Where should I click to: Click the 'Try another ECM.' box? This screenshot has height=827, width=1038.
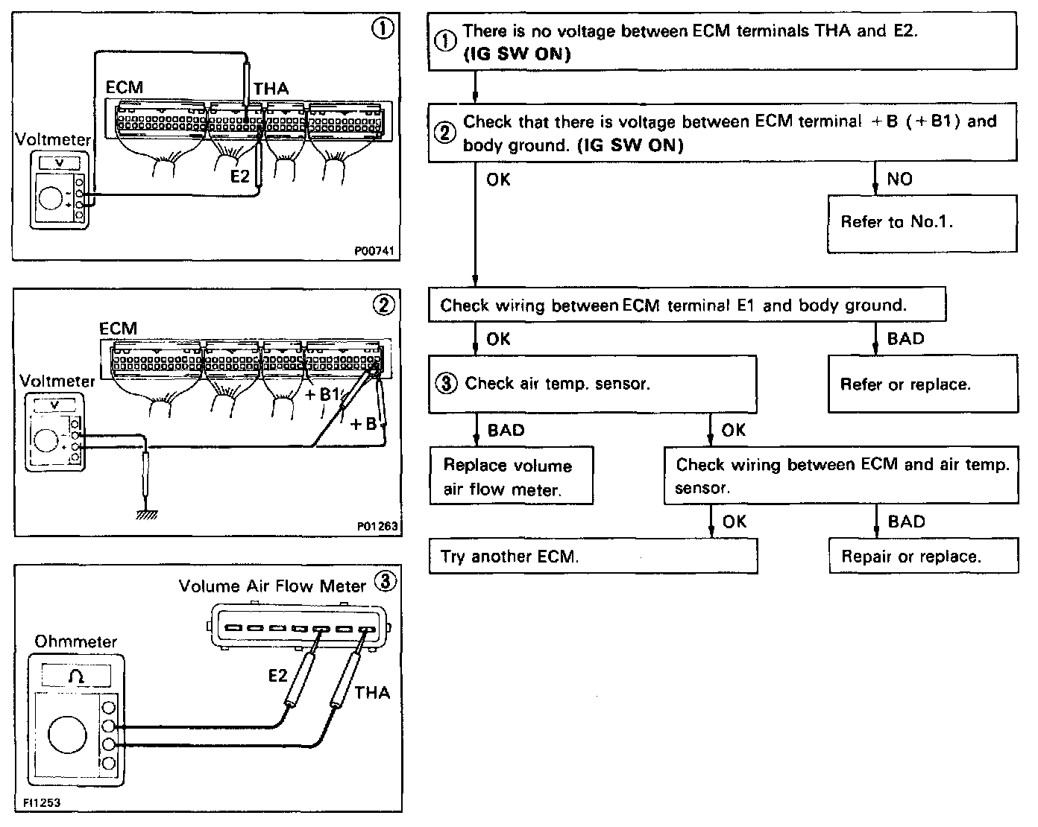pos(593,556)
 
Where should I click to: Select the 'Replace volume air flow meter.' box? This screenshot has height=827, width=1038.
pos(511,477)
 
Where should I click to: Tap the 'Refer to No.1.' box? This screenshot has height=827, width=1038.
pos(922,222)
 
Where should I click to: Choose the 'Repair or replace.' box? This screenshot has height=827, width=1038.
pos(923,556)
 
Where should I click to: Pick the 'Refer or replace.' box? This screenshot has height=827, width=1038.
pos(922,384)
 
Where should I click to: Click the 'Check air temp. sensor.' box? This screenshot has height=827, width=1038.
pos(592,384)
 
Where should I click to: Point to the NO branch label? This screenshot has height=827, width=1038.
pos(899,179)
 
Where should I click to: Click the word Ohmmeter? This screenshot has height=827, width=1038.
pos(76,641)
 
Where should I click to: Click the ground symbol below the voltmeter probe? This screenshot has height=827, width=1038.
pos(146,514)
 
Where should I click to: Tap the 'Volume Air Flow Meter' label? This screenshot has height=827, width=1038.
pos(272,586)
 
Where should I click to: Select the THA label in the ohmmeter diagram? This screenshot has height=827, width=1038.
pos(372,693)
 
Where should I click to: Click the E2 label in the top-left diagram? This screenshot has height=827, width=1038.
pos(240,177)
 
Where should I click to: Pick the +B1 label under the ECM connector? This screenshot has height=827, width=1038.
pos(323,395)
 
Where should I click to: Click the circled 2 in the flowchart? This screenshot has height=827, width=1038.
pos(445,133)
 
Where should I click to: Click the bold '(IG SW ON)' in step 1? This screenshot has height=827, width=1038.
pos(516,54)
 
